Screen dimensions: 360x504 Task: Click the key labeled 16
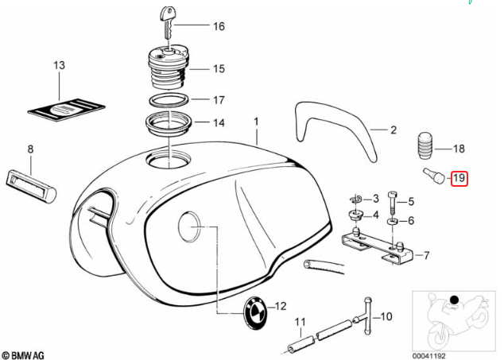[x=169, y=21]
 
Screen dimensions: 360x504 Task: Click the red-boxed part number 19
[x=459, y=178]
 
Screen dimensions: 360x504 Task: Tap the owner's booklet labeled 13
[x=69, y=108]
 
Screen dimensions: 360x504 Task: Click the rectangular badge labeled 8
[x=31, y=179]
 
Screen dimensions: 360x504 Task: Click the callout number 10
[x=386, y=316]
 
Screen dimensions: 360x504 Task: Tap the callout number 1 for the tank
[x=257, y=122]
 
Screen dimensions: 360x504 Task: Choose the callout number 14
[x=218, y=123]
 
